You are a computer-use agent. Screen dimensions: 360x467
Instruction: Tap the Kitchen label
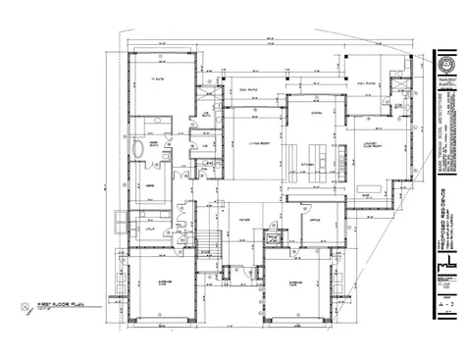point(306,164)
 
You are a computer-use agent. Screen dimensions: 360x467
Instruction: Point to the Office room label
point(316,221)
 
